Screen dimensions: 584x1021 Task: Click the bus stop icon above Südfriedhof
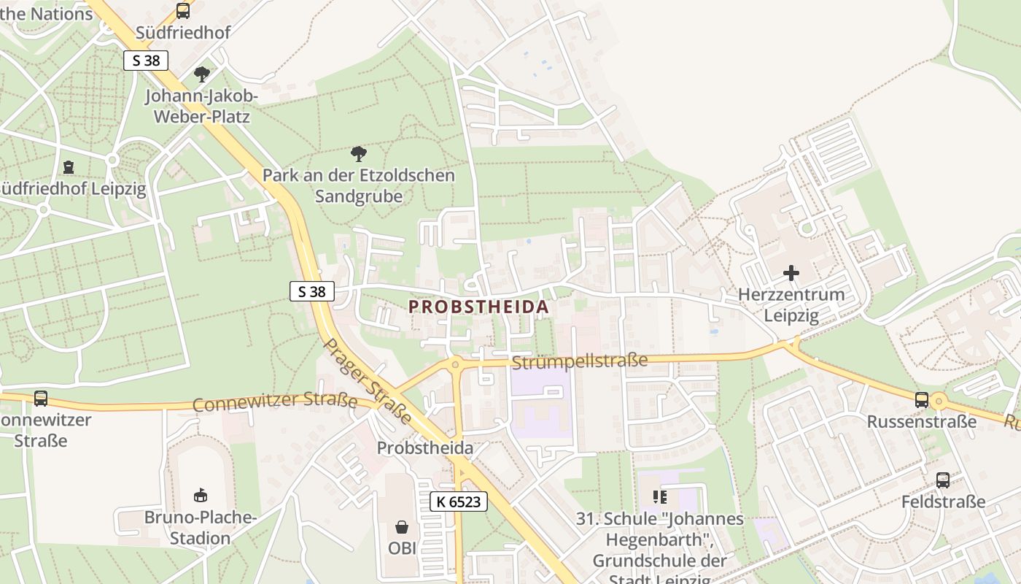[x=183, y=11]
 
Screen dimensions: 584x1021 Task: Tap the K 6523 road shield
[x=458, y=502]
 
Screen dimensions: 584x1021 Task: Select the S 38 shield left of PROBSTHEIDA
[x=312, y=292]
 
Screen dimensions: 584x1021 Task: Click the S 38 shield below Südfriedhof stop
[x=146, y=61]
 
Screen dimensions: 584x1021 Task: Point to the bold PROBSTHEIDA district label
[x=478, y=307]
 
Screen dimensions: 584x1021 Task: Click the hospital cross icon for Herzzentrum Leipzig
[x=791, y=274]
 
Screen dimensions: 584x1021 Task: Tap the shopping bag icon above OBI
[x=402, y=526]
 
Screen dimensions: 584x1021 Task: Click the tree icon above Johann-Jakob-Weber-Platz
[x=201, y=74]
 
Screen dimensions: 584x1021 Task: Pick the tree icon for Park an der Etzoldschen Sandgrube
[x=358, y=154]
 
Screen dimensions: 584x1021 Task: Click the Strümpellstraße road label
[x=580, y=361]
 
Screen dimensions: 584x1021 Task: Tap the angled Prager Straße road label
[x=368, y=381]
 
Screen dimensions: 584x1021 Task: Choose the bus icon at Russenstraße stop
[x=922, y=400]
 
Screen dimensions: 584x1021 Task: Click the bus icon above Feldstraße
[x=943, y=480]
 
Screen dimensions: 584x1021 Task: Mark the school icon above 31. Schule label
[x=660, y=498]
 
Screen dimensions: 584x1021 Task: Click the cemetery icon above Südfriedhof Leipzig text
[x=69, y=167]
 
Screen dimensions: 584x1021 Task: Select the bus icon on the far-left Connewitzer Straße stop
[x=41, y=399]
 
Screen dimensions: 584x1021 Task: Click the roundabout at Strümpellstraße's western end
[x=456, y=363]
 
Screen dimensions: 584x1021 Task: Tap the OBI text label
[x=402, y=547]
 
